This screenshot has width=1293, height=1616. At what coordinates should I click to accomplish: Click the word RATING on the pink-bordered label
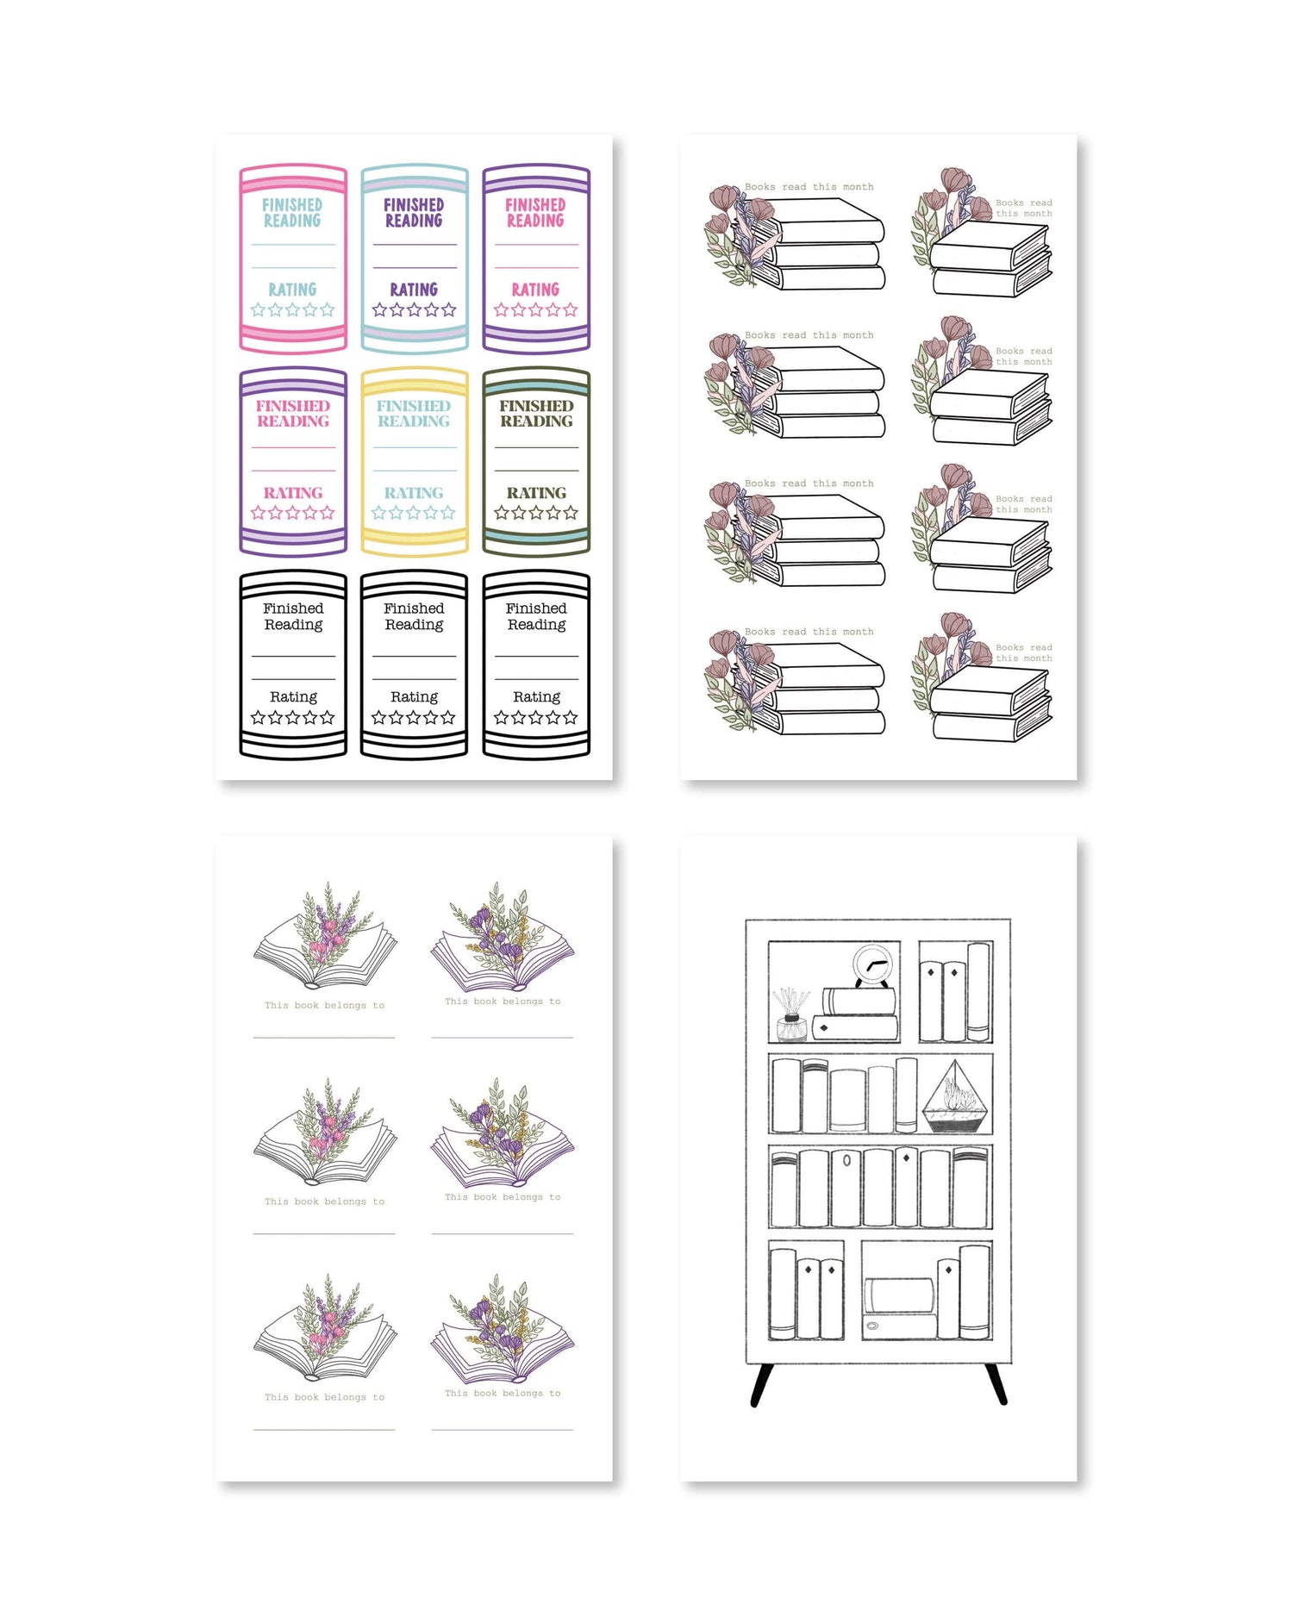point(292,290)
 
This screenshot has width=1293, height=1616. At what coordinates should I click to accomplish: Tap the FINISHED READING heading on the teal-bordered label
point(414,212)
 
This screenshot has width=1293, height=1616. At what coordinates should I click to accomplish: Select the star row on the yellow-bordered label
point(414,513)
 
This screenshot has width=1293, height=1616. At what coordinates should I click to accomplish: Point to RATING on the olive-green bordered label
point(536,493)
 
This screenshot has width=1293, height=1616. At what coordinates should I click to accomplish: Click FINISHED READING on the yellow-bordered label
point(414,414)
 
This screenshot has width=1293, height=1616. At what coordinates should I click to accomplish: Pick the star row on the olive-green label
point(536,513)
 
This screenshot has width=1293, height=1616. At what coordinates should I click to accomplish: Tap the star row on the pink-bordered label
point(292,309)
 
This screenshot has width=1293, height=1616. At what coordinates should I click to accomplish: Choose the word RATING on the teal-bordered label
point(414,290)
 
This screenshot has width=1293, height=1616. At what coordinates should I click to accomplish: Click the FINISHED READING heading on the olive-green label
point(536,414)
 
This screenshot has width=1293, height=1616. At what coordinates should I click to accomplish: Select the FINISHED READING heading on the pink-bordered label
point(292,212)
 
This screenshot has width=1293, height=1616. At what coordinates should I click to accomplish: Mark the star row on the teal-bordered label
point(414,309)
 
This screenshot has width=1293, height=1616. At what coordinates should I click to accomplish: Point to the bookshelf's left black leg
point(760,1385)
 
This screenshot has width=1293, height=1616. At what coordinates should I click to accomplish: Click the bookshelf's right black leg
point(996,1385)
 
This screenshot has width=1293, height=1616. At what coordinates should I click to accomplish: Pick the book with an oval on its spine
point(846,1187)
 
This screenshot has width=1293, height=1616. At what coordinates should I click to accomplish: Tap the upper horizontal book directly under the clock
point(859,1001)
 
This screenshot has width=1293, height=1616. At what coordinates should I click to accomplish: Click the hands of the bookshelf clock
point(875,964)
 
